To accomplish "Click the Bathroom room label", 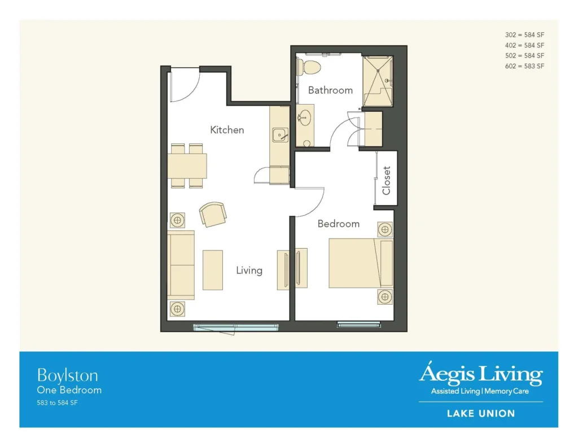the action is pyautogui.click(x=330, y=90).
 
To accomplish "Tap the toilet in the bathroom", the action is pyautogui.click(x=309, y=67).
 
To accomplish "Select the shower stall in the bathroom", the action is pyautogui.click(x=378, y=81).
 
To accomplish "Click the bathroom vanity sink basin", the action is pyautogui.click(x=304, y=118).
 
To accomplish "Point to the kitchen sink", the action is pyautogui.click(x=280, y=134).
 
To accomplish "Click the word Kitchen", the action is pyautogui.click(x=227, y=130).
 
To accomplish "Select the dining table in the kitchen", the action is pyautogui.click(x=187, y=166).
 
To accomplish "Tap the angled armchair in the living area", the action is pyautogui.click(x=213, y=214).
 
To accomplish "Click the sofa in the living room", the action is pyautogui.click(x=181, y=265).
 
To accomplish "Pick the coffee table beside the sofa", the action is pyautogui.click(x=213, y=270).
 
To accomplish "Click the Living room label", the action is pyautogui.click(x=249, y=271).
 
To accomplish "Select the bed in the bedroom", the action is pyautogui.click(x=361, y=263).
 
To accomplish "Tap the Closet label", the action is pyautogui.click(x=386, y=180).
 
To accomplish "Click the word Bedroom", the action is pyautogui.click(x=339, y=224).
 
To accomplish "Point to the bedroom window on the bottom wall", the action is pyautogui.click(x=358, y=325).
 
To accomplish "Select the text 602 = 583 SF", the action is pyautogui.click(x=524, y=66).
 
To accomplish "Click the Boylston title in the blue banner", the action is pyautogui.click(x=68, y=376).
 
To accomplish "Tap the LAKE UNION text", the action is pyautogui.click(x=481, y=414).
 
